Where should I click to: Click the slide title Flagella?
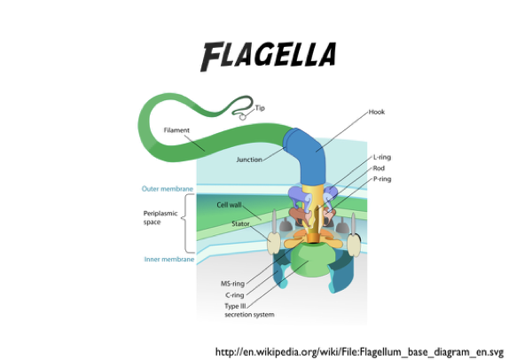tap(268, 56)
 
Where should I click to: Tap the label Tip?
tap(260, 108)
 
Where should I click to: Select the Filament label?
tap(177, 130)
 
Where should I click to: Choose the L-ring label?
tap(382, 157)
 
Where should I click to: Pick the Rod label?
tap(379, 167)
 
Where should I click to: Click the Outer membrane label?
tap(167, 188)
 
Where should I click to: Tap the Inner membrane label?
tap(167, 260)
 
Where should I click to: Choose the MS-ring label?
tap(232, 284)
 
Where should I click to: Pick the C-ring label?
tap(235, 294)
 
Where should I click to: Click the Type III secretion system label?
tap(249, 309)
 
